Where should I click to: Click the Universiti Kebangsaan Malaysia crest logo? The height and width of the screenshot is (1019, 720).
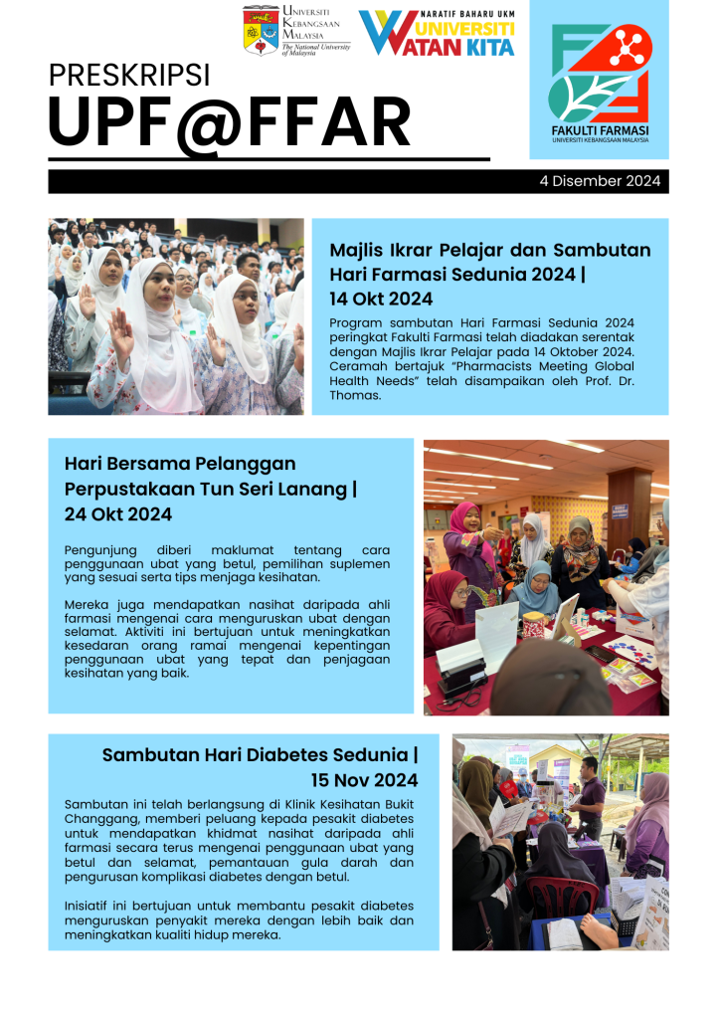tap(261, 30)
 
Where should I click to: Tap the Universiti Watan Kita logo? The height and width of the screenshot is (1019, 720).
tap(437, 33)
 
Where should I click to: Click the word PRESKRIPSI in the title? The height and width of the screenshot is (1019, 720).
tap(128, 75)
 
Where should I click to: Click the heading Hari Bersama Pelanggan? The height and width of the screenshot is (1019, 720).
tap(180, 464)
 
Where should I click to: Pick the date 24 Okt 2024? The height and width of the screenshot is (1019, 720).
tap(118, 514)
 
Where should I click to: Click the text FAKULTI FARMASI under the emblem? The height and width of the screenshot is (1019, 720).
tap(600, 131)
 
